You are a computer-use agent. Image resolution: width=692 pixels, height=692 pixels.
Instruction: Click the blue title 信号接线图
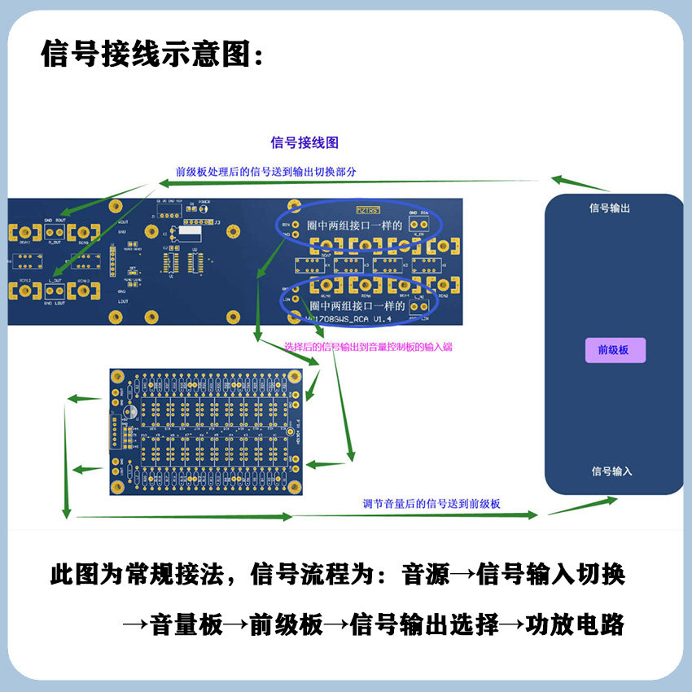(304, 142)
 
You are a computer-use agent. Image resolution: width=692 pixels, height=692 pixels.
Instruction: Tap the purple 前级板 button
(615, 350)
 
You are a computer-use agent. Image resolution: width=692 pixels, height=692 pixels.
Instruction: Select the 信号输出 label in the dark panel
(611, 208)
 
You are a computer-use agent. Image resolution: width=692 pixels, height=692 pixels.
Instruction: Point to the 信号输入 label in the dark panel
(611, 471)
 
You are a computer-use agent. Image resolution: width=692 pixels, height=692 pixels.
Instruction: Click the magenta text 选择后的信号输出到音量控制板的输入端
(369, 347)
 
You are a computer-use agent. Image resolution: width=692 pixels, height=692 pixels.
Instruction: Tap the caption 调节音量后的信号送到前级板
(431, 504)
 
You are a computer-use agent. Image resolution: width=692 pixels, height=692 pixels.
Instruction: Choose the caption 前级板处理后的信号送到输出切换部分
(266, 172)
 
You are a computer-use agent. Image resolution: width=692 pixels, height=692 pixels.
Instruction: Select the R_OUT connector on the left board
(55, 233)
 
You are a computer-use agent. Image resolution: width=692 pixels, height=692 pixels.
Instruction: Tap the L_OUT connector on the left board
(55, 289)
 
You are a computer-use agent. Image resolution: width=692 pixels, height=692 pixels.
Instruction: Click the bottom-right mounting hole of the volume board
(293, 485)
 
